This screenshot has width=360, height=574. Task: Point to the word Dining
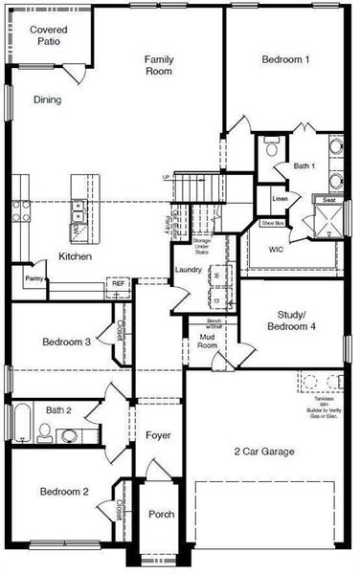[48, 99]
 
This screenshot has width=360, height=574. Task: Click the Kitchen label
[75, 257]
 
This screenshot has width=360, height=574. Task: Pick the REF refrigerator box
[118, 284]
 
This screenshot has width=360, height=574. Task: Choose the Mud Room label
[207, 341]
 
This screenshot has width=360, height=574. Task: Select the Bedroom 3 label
[67, 342]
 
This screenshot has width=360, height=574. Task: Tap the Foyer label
[158, 436]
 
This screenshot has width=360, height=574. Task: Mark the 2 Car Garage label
[265, 452]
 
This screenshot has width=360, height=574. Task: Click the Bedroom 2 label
[64, 492]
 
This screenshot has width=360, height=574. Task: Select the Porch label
[161, 515]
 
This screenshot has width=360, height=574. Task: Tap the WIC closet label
[276, 250]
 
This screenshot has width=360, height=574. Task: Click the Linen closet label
[280, 199]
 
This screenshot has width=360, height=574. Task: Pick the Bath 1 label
[304, 166]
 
